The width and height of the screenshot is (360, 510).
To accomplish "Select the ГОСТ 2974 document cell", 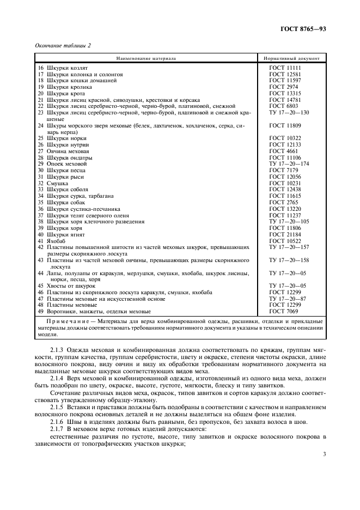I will [283, 87].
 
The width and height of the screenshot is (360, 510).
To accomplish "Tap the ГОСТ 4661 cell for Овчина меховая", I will [283, 151].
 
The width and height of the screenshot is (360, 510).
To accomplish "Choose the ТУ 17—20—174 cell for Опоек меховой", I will [289, 164].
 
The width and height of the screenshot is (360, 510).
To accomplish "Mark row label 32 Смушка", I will [53, 183].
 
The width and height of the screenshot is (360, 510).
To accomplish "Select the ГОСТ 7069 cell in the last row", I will [283, 312].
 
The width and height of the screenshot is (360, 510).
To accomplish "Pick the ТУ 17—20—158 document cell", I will [289, 260].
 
